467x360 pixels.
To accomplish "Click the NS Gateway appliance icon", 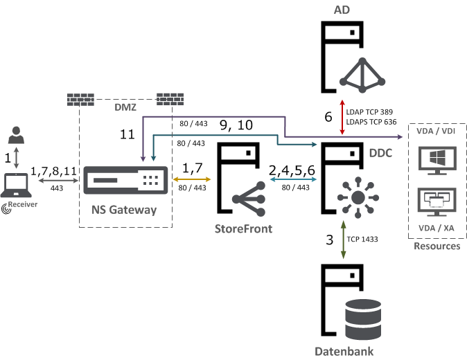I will [x=125, y=181].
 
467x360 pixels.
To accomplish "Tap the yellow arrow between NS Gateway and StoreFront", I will [x=194, y=179].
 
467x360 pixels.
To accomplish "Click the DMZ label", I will [x=125, y=108].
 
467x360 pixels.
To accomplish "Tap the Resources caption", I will [x=437, y=246].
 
